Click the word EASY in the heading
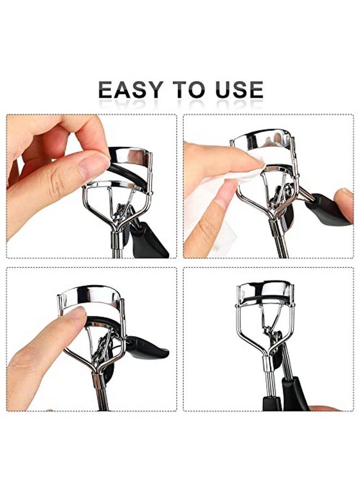click(131, 89)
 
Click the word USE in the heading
click(239, 89)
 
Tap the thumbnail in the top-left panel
click(93, 164)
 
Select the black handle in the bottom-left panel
click(147, 348)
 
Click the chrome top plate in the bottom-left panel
click(89, 296)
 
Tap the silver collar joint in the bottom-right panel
click(268, 363)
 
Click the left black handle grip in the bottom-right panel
click(272, 404)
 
